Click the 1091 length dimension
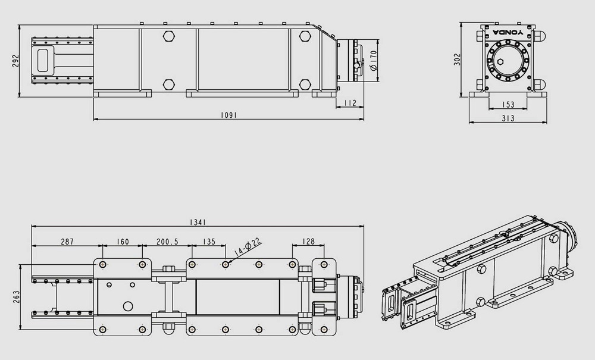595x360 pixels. (x=228, y=115)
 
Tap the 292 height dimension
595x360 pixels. (x=15, y=61)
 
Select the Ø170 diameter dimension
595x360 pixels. (x=372, y=60)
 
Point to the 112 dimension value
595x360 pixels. (x=351, y=103)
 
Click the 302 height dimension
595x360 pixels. (x=457, y=59)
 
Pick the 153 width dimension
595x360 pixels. (x=508, y=104)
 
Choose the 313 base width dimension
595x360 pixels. (x=508, y=118)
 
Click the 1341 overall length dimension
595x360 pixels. (x=198, y=223)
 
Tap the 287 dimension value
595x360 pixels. (x=67, y=242)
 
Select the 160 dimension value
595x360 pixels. (x=123, y=242)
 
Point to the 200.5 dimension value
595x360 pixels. (x=167, y=242)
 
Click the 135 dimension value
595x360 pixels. (x=209, y=242)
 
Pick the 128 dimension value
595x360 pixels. (x=308, y=242)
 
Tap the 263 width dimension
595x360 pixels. (x=16, y=298)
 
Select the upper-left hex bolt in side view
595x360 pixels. (x=169, y=36)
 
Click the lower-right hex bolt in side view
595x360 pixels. (x=305, y=84)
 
